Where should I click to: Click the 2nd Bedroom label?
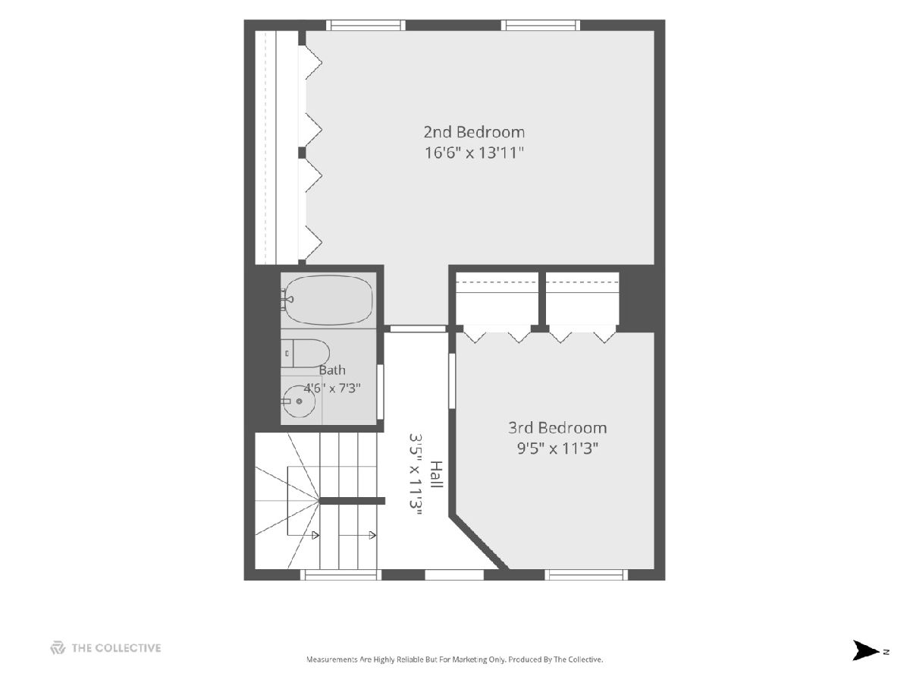474,132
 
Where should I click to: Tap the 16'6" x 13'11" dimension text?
474,153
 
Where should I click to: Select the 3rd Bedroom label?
557,427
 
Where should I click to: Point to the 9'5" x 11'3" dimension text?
557,449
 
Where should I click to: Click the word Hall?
437,474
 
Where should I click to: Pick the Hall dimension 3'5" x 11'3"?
416,474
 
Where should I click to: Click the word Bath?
331,370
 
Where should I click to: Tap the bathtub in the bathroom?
328,300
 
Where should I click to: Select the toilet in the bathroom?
305,354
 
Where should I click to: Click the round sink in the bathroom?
299,401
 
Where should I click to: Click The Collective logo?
105,648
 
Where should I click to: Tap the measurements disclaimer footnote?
454,659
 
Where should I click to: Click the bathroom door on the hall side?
380,392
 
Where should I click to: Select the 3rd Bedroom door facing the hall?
452,381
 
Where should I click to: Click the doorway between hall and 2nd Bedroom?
418,329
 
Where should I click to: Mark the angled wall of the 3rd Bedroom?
479,543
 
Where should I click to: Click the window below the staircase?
340,574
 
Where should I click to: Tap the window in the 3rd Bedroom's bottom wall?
585,574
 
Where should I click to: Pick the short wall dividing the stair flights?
353,501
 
